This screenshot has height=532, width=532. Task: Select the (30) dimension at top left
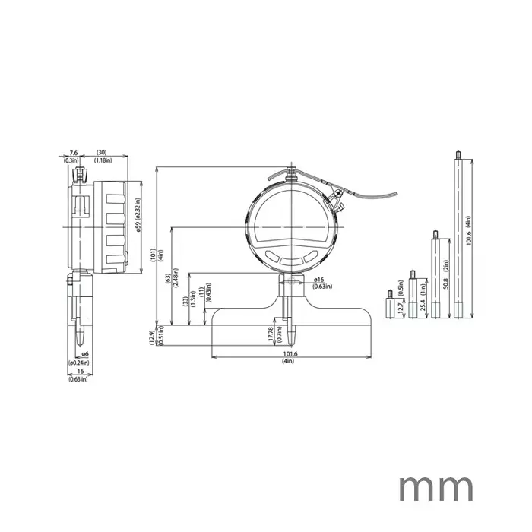[101, 152]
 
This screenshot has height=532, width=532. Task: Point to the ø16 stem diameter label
[319, 280]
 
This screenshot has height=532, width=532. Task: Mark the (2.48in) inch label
[176, 278]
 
